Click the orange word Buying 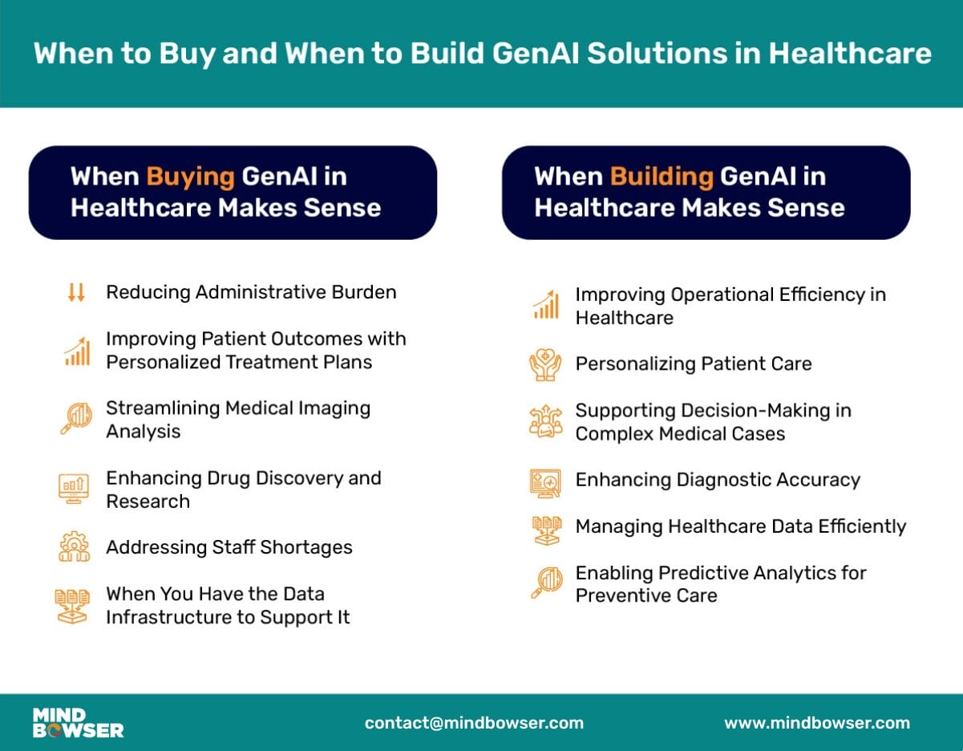190,177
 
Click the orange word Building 661,177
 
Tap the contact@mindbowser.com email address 474,723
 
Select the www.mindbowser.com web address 817,723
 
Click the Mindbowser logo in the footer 78,723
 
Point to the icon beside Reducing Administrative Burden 76,293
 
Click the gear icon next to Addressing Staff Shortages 75,547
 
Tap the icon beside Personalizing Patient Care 545,364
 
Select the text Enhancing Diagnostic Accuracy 718,481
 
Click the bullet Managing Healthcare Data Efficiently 740,527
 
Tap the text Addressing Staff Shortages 229,548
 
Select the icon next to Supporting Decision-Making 545,422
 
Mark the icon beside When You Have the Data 75,606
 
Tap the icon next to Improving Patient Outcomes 76,351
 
